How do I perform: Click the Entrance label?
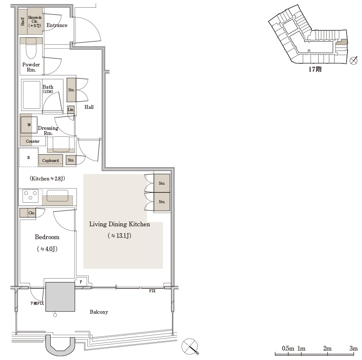click(x=57, y=25)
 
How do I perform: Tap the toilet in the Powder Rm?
click(x=31, y=48)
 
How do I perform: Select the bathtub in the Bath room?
click(x=31, y=95)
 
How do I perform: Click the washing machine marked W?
click(x=29, y=125)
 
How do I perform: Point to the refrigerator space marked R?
click(x=28, y=158)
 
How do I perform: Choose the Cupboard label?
click(x=50, y=161)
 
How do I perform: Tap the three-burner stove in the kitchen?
click(x=30, y=196)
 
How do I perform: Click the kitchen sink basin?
click(x=57, y=195)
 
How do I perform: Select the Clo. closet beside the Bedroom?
click(x=28, y=213)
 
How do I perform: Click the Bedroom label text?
click(x=47, y=237)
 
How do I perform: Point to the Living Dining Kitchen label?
click(x=119, y=224)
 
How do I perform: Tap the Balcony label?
click(x=99, y=312)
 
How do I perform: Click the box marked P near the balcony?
click(x=81, y=282)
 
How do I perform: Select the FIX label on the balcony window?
click(x=152, y=291)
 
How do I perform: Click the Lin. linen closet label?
click(x=71, y=110)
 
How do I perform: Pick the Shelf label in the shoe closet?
click(x=23, y=22)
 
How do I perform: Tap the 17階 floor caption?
click(x=315, y=69)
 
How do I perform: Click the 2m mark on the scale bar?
click(x=327, y=348)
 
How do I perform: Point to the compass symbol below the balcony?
click(x=190, y=346)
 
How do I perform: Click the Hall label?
click(x=89, y=107)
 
